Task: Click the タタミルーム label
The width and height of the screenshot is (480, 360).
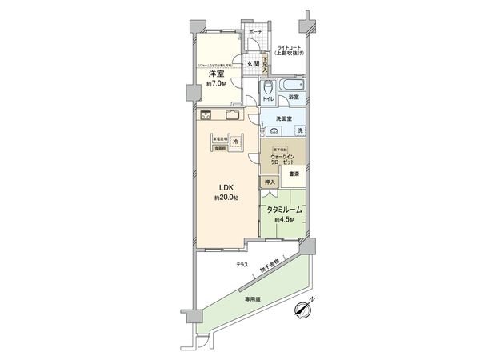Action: [x=284, y=210]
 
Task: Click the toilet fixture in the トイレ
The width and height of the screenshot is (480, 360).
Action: [x=268, y=86]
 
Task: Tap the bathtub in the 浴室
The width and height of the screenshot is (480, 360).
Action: [x=293, y=84]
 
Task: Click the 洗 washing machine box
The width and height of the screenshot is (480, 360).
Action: [x=300, y=130]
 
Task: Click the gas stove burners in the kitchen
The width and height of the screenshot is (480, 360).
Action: [x=206, y=114]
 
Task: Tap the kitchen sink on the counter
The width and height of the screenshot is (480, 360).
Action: [x=232, y=114]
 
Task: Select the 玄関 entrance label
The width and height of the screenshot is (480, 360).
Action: [x=252, y=63]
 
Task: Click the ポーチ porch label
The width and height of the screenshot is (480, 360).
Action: [x=255, y=32]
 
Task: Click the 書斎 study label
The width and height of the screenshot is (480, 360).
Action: [x=295, y=174]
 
